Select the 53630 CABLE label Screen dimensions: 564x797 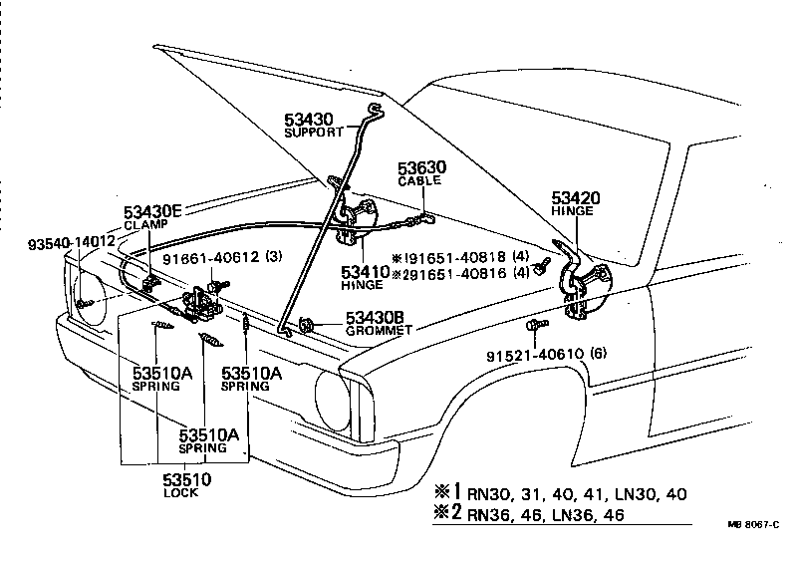(x=423, y=168)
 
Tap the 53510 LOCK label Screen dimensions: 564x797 (x=186, y=480)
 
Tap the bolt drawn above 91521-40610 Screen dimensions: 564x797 (x=536, y=326)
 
